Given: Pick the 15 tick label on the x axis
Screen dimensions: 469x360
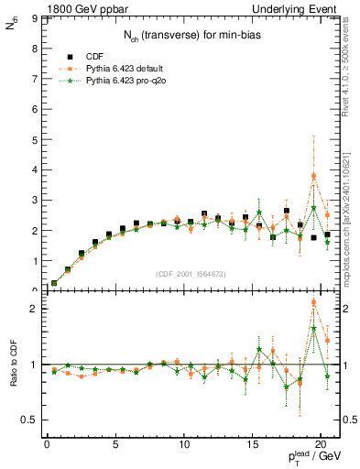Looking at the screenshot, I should pos(252,446).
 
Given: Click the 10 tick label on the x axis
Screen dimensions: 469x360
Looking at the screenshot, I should pos(183,446).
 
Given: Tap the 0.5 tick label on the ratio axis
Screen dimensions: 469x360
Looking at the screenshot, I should pos(28,420).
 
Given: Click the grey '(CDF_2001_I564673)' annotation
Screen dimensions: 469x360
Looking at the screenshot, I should pos(190,274).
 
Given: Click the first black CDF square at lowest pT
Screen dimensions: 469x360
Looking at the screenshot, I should pos(54,283).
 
